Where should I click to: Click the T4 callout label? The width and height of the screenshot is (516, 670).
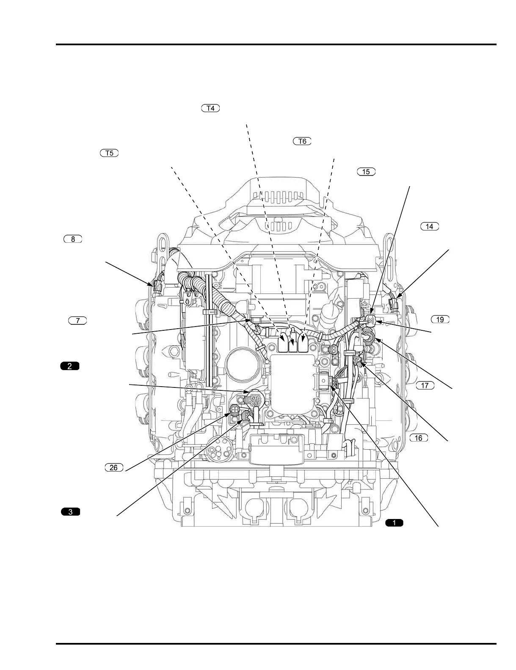210,108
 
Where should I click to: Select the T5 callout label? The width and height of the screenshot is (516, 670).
109,153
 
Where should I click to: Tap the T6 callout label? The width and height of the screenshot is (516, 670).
302,141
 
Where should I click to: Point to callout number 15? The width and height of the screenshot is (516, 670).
366,171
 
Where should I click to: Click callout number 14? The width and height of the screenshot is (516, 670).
429,226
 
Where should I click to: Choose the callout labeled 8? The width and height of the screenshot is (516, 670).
73,239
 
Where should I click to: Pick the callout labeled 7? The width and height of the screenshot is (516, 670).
77,321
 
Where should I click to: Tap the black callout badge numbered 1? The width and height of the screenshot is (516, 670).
394,523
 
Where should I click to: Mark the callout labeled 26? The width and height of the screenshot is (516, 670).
113,467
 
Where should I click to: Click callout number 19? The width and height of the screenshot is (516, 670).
440,319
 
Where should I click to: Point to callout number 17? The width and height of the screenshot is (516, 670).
425,385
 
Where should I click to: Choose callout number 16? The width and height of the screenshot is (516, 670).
419,437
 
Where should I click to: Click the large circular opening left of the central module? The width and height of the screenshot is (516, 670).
240,365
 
